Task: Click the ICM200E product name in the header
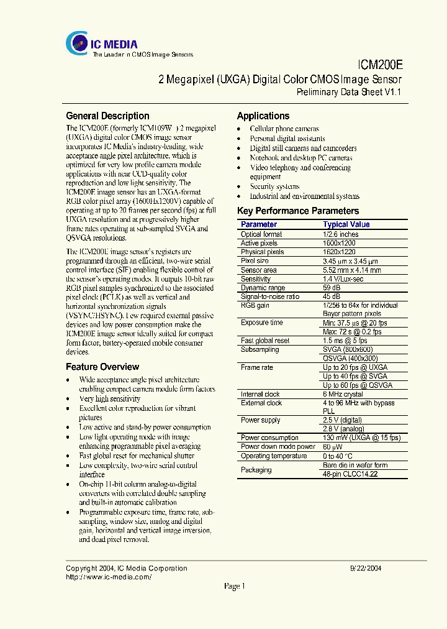380,64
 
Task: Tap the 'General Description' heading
107,116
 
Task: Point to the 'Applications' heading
263,116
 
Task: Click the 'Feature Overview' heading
102,367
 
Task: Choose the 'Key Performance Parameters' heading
298,211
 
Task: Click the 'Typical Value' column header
346,224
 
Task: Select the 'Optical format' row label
261,234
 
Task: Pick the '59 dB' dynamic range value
332,288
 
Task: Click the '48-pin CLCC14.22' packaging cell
351,474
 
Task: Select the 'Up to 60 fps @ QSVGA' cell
357,385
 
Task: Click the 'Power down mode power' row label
278,447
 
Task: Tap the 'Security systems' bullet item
274,186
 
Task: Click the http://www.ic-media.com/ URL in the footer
109,577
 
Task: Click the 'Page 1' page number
235,586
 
